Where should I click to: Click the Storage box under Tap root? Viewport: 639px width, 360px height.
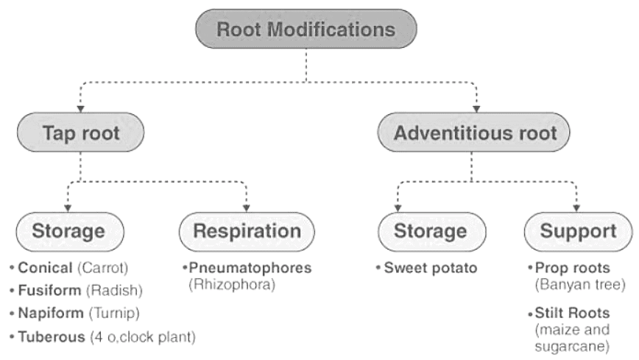pos(68,231)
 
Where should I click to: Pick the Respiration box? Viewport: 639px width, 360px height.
pos(247,231)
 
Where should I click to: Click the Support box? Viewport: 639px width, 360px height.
pos(578,231)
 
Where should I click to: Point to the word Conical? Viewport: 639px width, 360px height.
pos(43,267)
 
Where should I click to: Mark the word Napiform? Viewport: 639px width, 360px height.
pos(46,313)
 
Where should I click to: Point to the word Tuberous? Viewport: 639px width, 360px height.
pos(46,336)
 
